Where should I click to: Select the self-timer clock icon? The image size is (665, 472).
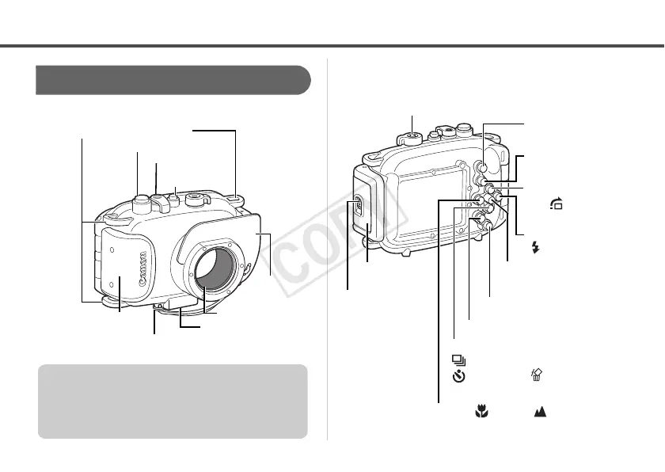click(458, 378)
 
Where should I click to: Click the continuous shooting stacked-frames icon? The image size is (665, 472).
click(458, 360)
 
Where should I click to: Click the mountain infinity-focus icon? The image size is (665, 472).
click(547, 413)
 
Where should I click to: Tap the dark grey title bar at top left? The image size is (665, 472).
click(173, 80)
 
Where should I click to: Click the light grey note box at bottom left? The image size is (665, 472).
click(173, 401)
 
